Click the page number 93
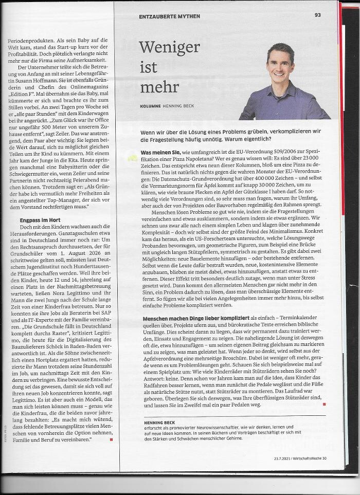coord(318,15)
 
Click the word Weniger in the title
coord(169,48)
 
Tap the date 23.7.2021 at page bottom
coord(284,458)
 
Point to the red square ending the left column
coord(111,439)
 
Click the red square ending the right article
coord(324,405)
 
